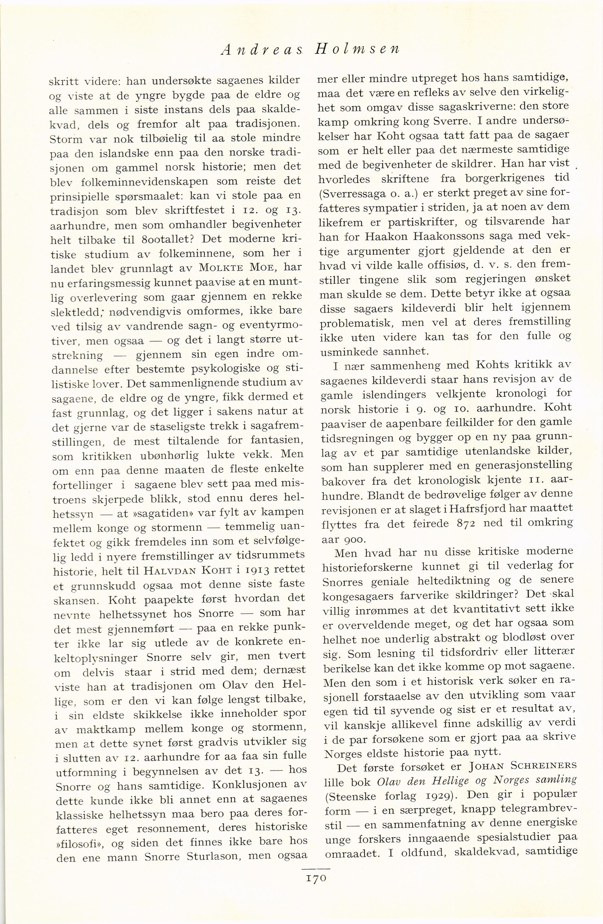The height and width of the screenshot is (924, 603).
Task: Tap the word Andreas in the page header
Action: click(258, 50)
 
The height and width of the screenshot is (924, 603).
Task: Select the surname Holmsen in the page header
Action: click(356, 50)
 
